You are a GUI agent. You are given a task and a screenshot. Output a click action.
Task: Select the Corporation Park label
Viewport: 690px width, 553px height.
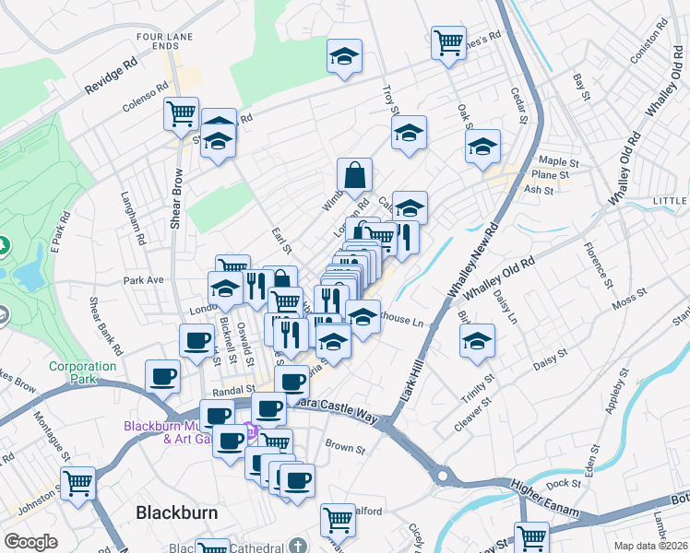click(x=83, y=372)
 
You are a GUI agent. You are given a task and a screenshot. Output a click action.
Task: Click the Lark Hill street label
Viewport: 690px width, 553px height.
click(x=411, y=378)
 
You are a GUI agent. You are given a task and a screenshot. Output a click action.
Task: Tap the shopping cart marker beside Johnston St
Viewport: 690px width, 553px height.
click(x=78, y=480)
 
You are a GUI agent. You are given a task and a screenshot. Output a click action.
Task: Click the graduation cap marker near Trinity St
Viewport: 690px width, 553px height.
click(x=477, y=339)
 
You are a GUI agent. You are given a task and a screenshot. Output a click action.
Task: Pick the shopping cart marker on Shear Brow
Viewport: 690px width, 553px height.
click(x=182, y=113)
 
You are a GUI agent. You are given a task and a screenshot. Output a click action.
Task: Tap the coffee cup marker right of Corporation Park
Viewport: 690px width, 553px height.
click(x=163, y=375)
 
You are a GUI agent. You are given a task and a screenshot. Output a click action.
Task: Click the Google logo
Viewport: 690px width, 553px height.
click(x=30, y=542)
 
